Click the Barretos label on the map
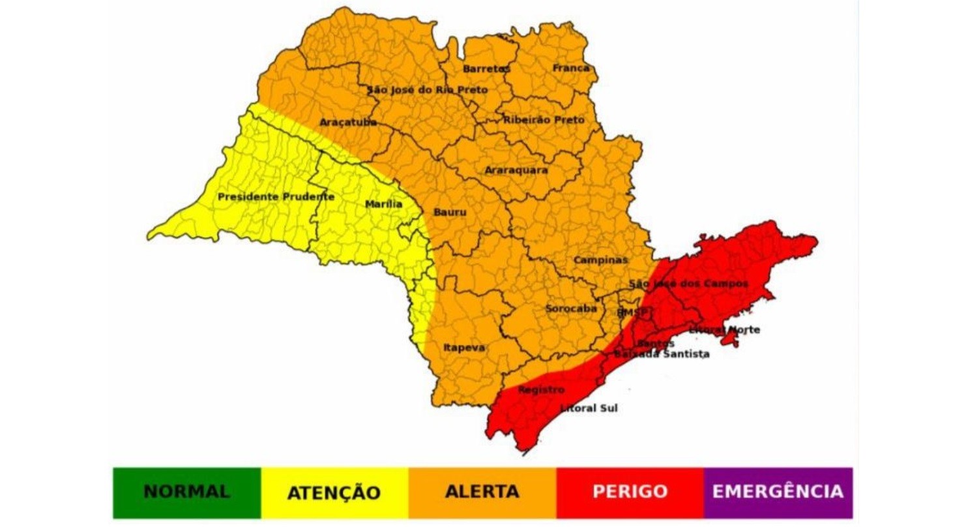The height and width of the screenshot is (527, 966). [x=486, y=68]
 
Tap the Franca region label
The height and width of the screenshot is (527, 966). [x=571, y=68]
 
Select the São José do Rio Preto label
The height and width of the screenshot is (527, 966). [x=427, y=89]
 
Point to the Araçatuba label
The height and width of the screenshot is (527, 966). [x=348, y=122]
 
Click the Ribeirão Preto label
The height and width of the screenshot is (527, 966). [x=544, y=120]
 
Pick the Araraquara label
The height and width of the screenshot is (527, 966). [x=516, y=170]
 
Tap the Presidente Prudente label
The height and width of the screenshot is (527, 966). [x=276, y=196]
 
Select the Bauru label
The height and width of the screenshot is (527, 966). [x=449, y=212]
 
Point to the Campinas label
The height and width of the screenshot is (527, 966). [x=600, y=260]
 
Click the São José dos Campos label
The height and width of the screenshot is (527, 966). [x=688, y=284]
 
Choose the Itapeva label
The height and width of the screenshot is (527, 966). [x=464, y=348]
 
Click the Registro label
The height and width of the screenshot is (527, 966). [x=540, y=389]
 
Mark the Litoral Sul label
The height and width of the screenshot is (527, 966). [x=589, y=408]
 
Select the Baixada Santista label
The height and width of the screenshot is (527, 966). [x=662, y=354]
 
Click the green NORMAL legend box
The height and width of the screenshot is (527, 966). [x=186, y=492]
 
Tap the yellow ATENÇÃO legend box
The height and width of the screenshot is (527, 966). [x=334, y=492]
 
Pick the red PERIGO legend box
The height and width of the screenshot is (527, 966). [x=630, y=492]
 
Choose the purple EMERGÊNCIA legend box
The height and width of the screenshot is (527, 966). [x=778, y=492]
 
